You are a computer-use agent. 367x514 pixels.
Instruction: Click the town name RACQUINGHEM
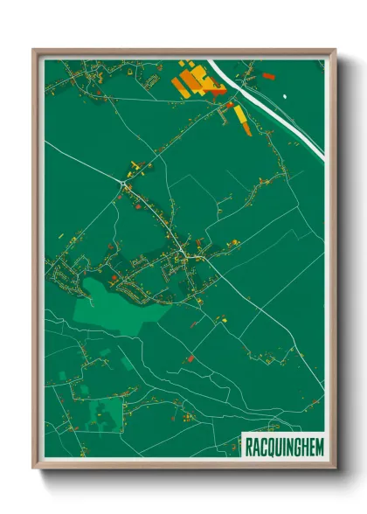click(280, 445)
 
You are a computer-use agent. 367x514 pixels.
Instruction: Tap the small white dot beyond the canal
click(285, 93)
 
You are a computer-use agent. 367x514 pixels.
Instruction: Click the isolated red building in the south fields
click(189, 358)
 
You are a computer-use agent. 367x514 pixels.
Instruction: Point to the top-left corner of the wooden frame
click(33, 50)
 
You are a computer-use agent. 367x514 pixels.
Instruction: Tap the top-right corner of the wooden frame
click(336, 50)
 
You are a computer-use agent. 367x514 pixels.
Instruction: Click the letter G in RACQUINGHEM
click(294, 445)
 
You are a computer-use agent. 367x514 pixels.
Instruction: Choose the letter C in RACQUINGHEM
click(260, 445)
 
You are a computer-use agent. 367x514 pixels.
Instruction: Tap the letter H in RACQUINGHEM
click(301, 445)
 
